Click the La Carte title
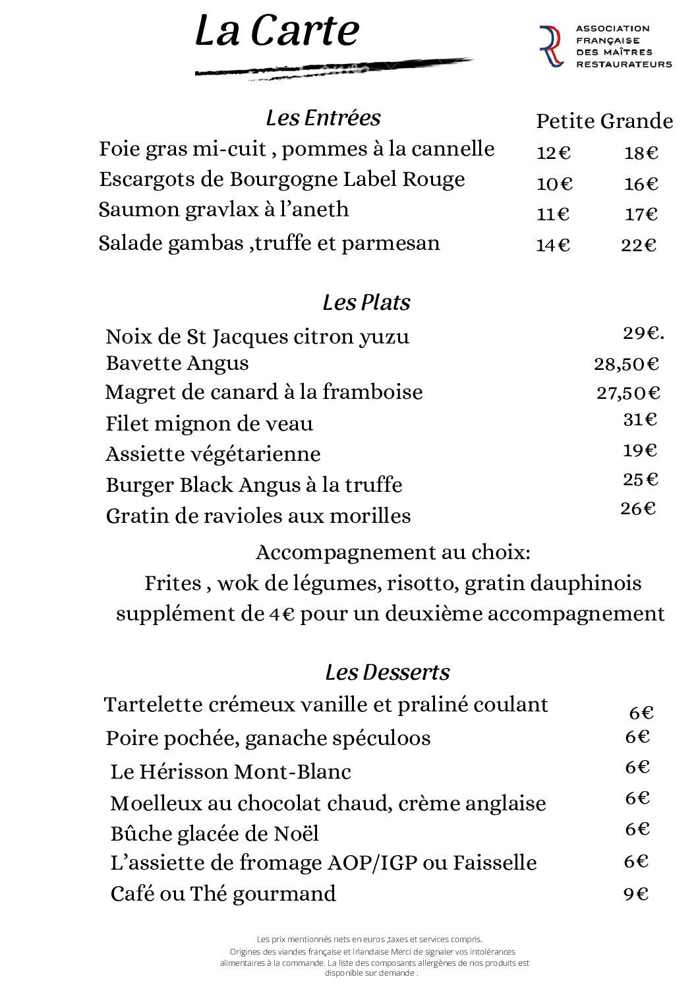[x=277, y=32]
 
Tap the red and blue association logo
[x=551, y=46]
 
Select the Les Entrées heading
[x=323, y=118]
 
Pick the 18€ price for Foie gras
[x=641, y=153]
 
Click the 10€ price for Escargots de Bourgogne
[x=554, y=184]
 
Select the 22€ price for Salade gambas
[x=639, y=245]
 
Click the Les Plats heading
[x=366, y=303]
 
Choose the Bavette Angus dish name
[x=177, y=363]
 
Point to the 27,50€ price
[x=628, y=393]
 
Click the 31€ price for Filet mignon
[x=640, y=419]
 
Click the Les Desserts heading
[x=388, y=673]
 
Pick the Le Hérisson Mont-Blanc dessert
[x=231, y=771]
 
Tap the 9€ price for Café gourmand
[x=636, y=894]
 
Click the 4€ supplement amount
[x=281, y=614]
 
